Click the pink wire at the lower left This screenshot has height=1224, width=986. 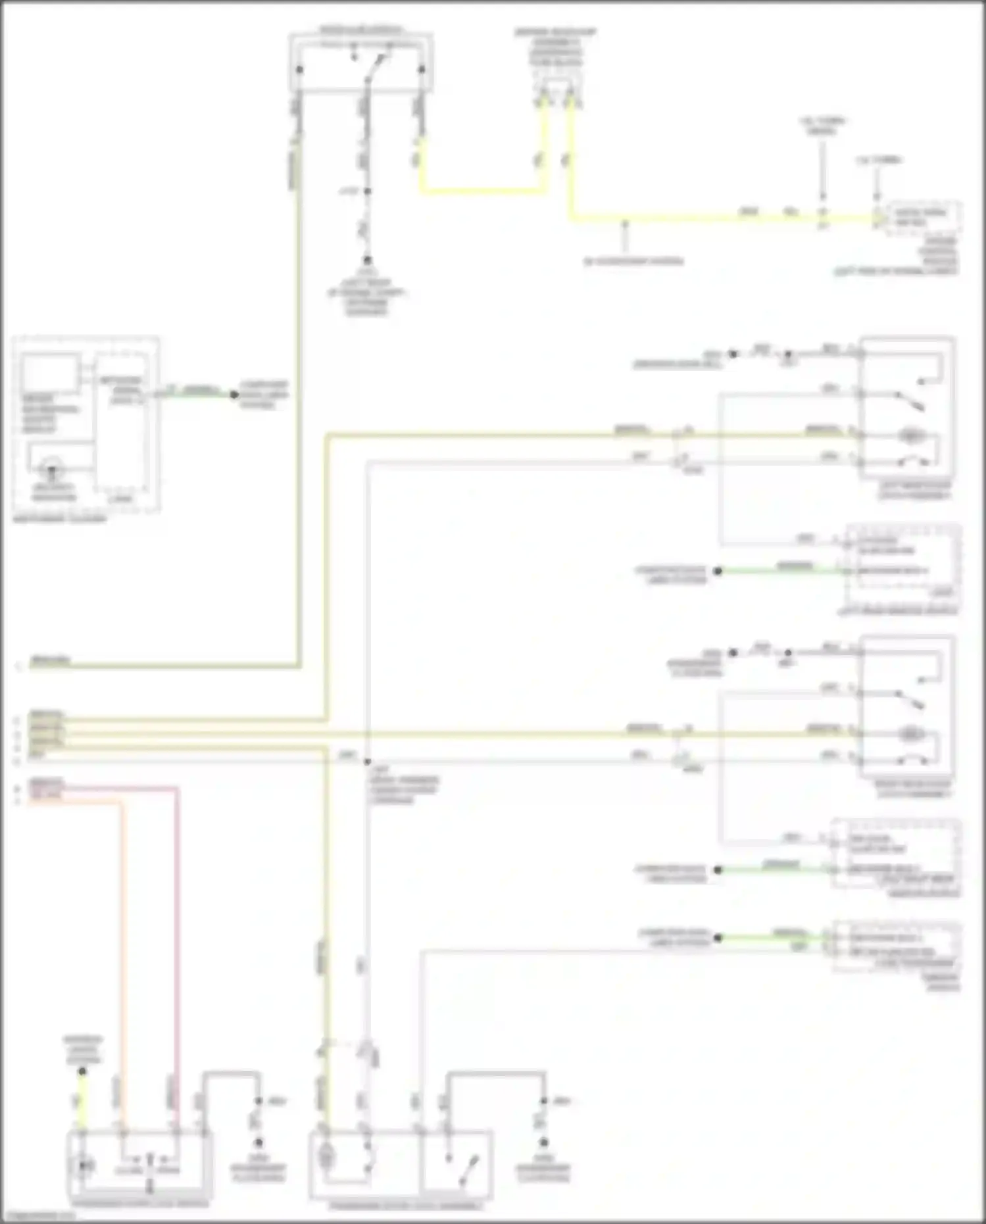(177, 921)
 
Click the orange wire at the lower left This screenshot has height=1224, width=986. (122, 921)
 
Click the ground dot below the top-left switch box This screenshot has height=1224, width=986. (367, 260)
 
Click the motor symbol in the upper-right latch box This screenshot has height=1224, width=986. (910, 435)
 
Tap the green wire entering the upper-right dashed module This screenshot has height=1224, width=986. (783, 571)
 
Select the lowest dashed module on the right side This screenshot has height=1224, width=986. (896, 947)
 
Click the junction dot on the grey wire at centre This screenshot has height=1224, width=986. (367, 761)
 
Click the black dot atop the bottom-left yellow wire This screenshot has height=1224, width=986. (82, 1071)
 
